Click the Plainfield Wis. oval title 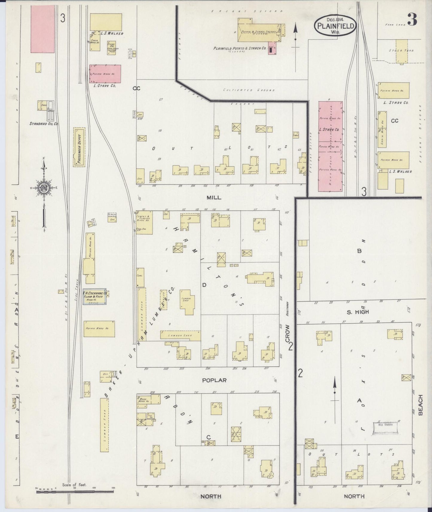tap(335, 26)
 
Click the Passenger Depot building tap(79, 147)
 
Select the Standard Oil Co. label tap(44, 123)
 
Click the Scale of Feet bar tap(75, 491)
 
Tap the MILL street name tap(214, 197)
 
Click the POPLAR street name tap(214, 380)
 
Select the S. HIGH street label tap(358, 312)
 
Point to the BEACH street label tap(421, 405)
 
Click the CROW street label tap(288, 334)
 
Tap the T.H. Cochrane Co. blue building tap(95, 297)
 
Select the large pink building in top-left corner tap(43, 29)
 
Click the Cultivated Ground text tap(249, 90)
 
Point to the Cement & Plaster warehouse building tap(144, 223)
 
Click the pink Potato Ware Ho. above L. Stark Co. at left tap(105, 74)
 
